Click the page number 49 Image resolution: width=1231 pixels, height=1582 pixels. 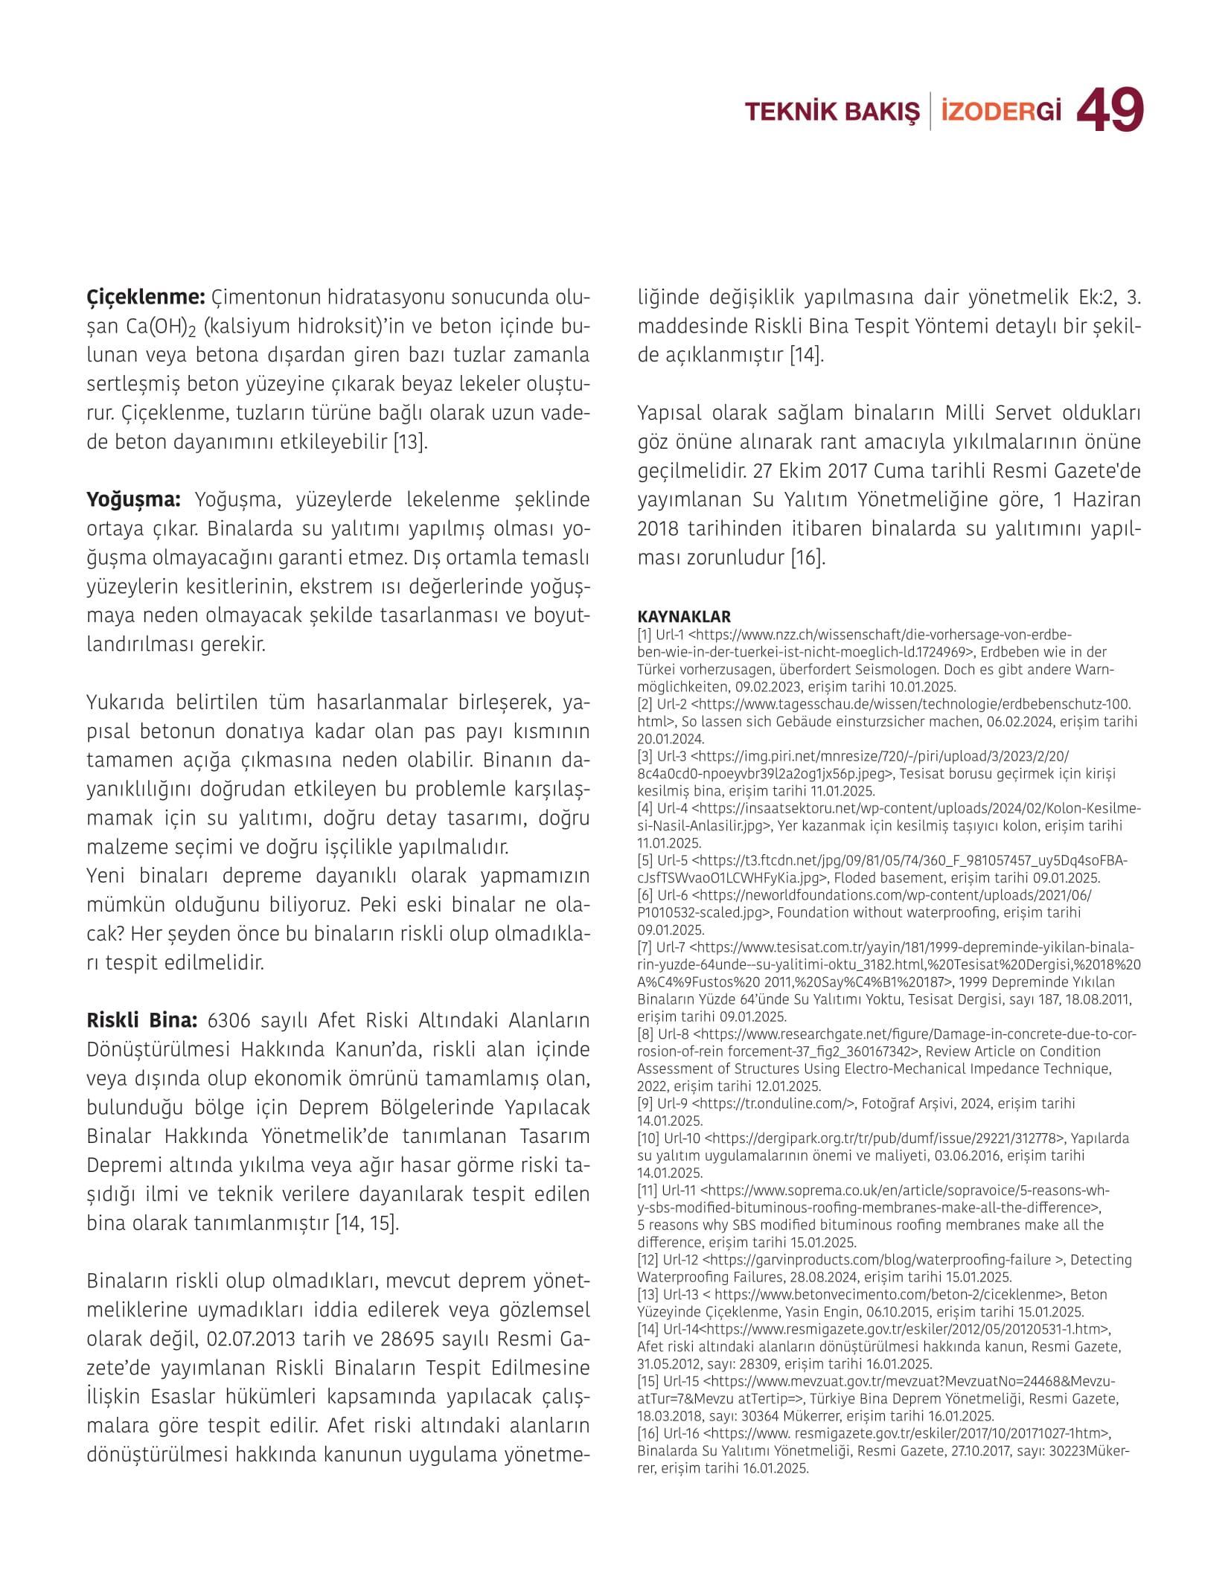1110,110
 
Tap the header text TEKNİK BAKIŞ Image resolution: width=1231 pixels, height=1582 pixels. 832,112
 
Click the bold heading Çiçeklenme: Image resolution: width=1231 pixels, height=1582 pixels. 146,297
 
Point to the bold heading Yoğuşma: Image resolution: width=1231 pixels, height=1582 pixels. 133,499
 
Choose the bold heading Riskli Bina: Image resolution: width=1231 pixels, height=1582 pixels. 141,1020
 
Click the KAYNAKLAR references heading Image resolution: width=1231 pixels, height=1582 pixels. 684,616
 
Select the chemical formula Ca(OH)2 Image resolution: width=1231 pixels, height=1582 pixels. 161,327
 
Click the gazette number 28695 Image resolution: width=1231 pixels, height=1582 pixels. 407,1339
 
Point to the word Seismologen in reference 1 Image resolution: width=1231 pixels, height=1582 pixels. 898,669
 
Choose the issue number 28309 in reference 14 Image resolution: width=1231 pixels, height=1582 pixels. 747,1364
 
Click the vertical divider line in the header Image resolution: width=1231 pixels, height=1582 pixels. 930,112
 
